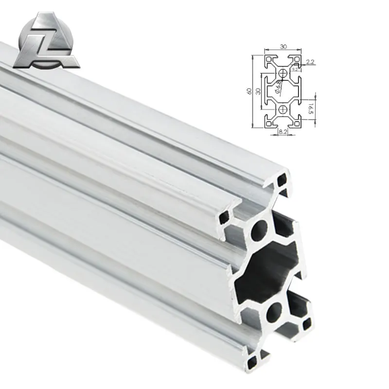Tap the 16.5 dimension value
pos(312,109)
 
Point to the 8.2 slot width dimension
pos(282,131)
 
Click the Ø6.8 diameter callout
pos(279,87)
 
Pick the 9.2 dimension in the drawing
pos(295,70)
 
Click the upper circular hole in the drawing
pos(283,73)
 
